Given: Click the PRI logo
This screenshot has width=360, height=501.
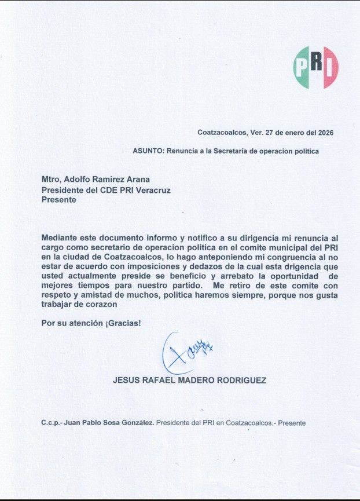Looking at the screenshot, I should pyautogui.click(x=315, y=67).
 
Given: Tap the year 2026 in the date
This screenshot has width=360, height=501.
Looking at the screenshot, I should pyautogui.click(x=324, y=133).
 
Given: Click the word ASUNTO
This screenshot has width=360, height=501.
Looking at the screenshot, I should pyautogui.click(x=148, y=151).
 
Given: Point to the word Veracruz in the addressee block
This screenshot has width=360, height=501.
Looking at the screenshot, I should pyautogui.click(x=152, y=189).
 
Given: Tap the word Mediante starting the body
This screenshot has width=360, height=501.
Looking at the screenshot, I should pyautogui.click(x=61, y=238).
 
